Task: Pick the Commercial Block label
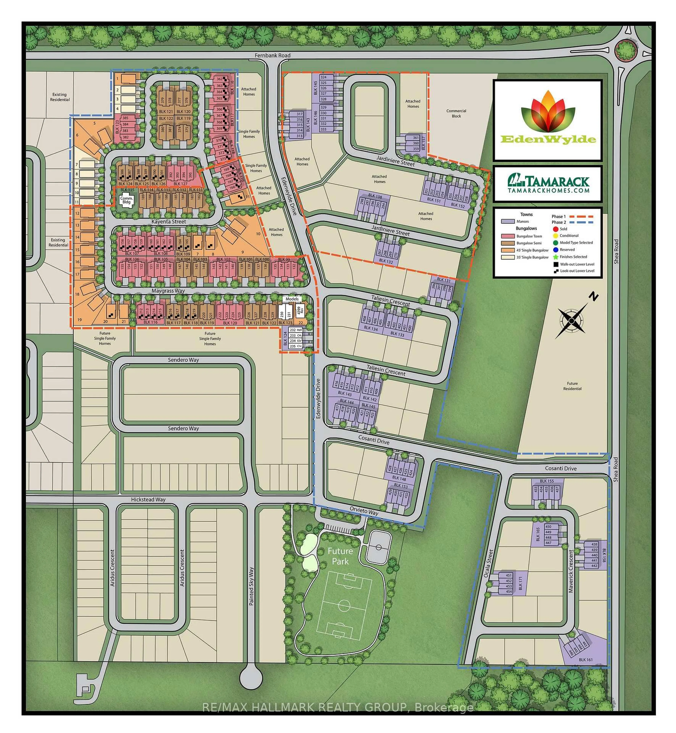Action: tap(456, 113)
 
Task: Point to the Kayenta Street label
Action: tap(169, 221)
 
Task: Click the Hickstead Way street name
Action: tap(148, 500)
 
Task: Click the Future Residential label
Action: tap(572, 386)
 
